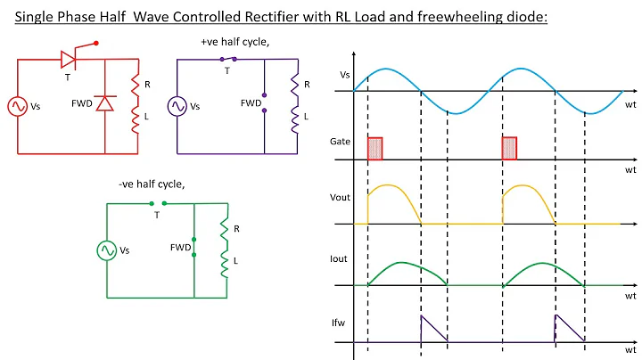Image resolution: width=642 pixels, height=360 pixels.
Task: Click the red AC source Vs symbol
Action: (x=18, y=106)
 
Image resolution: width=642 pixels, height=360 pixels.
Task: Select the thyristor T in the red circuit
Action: (x=68, y=60)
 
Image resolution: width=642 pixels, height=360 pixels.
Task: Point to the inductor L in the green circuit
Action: (x=225, y=263)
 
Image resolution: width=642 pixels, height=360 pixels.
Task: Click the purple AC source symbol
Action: (x=177, y=106)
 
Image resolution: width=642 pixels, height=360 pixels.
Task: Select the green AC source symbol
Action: (x=107, y=250)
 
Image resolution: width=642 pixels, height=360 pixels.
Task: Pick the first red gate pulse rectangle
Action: (x=375, y=149)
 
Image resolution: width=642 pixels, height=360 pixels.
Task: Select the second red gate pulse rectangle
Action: (x=510, y=149)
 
